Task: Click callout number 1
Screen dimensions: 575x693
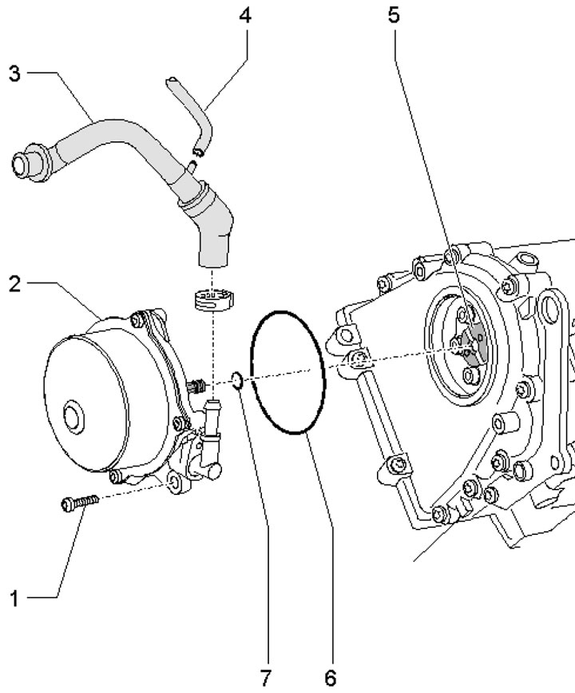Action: [14, 599]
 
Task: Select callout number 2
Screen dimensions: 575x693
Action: [14, 284]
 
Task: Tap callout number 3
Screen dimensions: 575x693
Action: [14, 73]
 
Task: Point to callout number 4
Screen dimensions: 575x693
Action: [246, 15]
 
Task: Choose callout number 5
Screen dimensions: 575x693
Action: [394, 15]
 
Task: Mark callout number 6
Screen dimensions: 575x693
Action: [330, 678]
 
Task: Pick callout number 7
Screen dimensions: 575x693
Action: [265, 678]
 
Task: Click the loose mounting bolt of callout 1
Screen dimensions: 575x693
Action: [80, 502]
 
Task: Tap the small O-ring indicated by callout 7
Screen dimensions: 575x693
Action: [237, 380]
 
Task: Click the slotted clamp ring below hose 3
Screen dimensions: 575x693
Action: [213, 299]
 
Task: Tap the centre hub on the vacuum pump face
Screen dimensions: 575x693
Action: [72, 417]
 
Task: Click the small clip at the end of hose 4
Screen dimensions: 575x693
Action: [197, 152]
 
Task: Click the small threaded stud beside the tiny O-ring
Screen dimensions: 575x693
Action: [196, 386]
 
